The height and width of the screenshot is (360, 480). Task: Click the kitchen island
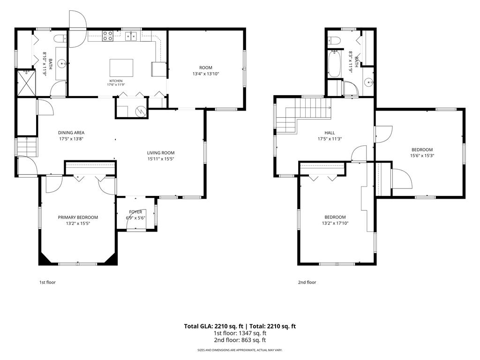pos(121,67)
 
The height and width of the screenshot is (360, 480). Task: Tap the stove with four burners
pos(107,36)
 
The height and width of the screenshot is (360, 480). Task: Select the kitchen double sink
pos(131,36)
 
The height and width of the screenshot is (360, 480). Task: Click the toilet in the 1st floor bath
pos(60,38)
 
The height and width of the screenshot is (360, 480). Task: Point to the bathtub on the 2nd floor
pos(334,64)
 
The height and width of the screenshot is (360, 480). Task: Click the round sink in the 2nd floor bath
pos(368,82)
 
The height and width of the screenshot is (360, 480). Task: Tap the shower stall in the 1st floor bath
pos(26,82)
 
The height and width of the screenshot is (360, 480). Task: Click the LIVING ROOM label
pos(161,153)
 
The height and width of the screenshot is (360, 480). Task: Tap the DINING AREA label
pos(71,133)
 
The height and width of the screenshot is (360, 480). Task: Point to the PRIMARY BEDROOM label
pos(78,217)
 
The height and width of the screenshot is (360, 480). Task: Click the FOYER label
pos(135,212)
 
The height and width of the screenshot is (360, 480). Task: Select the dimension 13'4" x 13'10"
pos(206,74)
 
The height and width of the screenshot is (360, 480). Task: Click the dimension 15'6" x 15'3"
pos(422,155)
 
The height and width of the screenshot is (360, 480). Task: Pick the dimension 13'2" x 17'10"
pos(335,223)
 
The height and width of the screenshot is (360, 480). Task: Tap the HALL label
pos(330,133)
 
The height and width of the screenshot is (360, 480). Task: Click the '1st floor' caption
pos(47,282)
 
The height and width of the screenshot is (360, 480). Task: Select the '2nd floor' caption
pos(307,282)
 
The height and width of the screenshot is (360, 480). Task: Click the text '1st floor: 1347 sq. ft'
pos(240,333)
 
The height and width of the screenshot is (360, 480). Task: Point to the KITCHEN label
pos(116,81)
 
